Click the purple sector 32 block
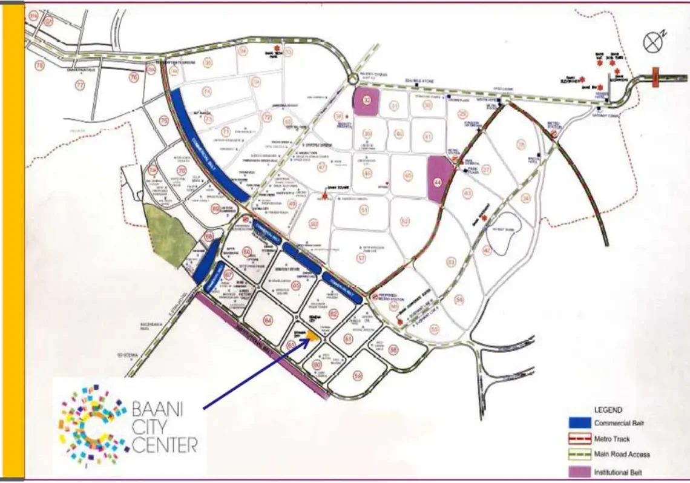point(366,100)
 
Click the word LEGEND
point(608,410)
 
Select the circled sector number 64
point(268,320)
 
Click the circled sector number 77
point(80,86)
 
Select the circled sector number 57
point(362,258)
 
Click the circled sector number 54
point(460,300)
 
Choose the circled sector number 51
point(364,209)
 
